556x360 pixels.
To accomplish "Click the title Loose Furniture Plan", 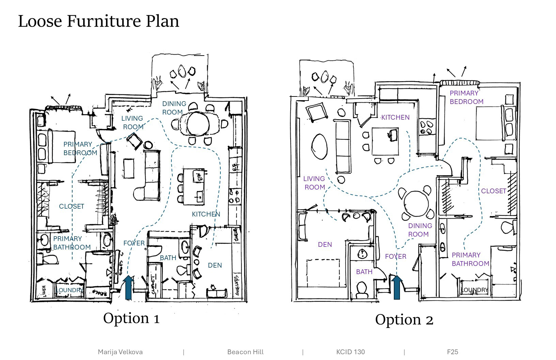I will point(98,21).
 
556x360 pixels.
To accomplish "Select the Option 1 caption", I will point(131,318).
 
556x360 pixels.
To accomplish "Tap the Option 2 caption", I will point(404,320).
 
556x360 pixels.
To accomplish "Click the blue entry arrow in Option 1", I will point(128,287).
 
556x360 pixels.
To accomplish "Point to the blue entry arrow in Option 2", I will point(397,287).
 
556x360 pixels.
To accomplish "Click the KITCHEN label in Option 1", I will point(206,214).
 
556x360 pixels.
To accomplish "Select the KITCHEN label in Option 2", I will point(395,117).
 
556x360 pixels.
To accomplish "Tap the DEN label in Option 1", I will point(215,265).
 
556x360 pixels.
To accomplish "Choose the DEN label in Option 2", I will point(325,244).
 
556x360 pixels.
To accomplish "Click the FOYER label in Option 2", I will point(396,256).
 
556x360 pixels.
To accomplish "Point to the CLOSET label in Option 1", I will point(72,206).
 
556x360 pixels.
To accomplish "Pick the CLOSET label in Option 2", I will point(493,191).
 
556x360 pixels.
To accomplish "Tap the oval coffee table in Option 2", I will point(319,146).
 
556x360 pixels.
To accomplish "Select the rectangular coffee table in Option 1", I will point(128,168).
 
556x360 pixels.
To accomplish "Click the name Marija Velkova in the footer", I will point(120,352).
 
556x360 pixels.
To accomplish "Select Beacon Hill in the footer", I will point(245,352).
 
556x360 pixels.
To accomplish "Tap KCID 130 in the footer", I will point(350,352).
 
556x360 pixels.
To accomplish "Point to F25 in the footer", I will point(452,352).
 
